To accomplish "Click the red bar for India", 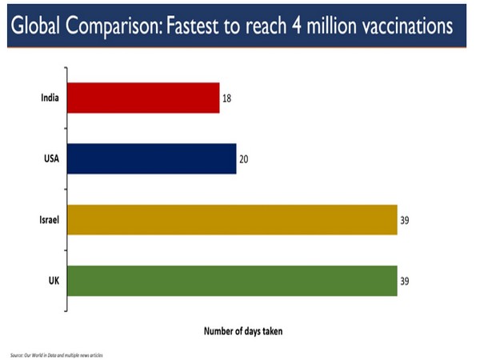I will (143, 98).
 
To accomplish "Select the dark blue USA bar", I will (152, 158).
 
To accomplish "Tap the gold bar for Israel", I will (232, 219).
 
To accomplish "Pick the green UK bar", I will (232, 280).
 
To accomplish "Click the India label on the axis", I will (50, 98).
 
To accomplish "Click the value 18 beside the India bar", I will (227, 98).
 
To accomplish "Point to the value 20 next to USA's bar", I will (244, 159).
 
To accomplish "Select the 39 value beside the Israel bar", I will (406, 220).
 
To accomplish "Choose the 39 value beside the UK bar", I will (406, 281).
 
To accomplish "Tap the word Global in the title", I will (37, 26).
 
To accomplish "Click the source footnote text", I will (56, 354).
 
